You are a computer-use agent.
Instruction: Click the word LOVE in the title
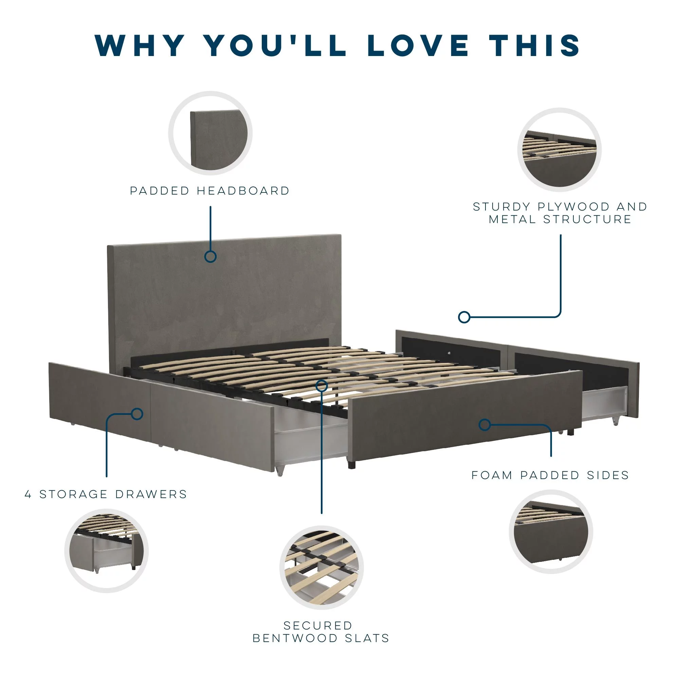(418, 45)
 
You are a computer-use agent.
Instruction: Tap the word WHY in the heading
(140, 45)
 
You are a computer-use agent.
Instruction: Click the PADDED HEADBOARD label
(210, 191)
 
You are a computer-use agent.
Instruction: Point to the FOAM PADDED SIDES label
(550, 475)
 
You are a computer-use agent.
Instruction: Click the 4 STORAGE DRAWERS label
(106, 494)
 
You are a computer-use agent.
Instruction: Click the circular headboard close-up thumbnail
(210, 133)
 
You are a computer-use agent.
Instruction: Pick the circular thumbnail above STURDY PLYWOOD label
(559, 150)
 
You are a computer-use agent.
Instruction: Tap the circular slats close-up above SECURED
(322, 568)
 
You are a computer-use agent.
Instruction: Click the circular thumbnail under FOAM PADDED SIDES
(551, 532)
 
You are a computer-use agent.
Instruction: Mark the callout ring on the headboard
(210, 257)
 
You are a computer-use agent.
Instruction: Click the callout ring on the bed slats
(322, 386)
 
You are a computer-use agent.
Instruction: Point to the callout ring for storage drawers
(137, 414)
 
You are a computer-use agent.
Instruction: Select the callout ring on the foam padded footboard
(485, 425)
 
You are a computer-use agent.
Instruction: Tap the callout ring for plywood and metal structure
(464, 317)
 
